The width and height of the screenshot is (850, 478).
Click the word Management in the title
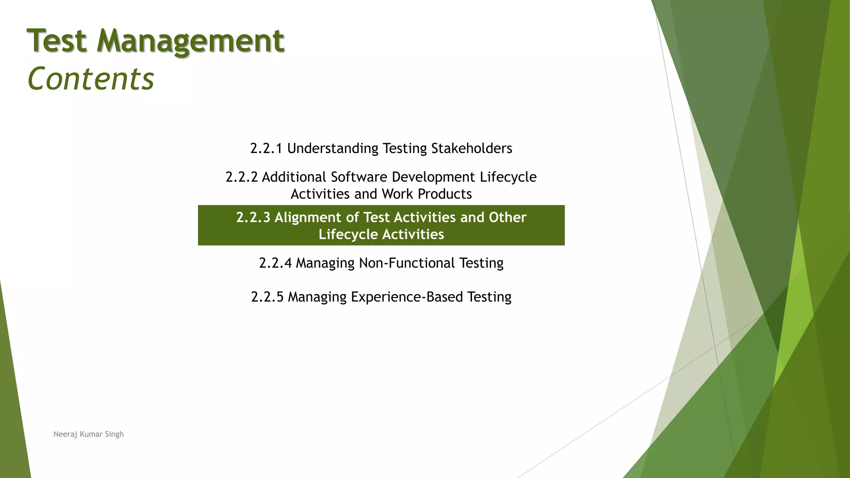[191, 41]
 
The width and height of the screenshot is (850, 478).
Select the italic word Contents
[90, 79]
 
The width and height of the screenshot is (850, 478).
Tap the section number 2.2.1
[266, 149]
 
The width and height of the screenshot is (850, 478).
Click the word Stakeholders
[471, 149]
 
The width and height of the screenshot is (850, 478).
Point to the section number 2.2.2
[241, 177]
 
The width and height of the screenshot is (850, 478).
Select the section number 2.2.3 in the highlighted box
[253, 217]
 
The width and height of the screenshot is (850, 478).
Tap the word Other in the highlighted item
[507, 217]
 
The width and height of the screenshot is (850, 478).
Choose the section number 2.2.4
[275, 263]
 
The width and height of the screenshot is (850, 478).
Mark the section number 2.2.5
[267, 297]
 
